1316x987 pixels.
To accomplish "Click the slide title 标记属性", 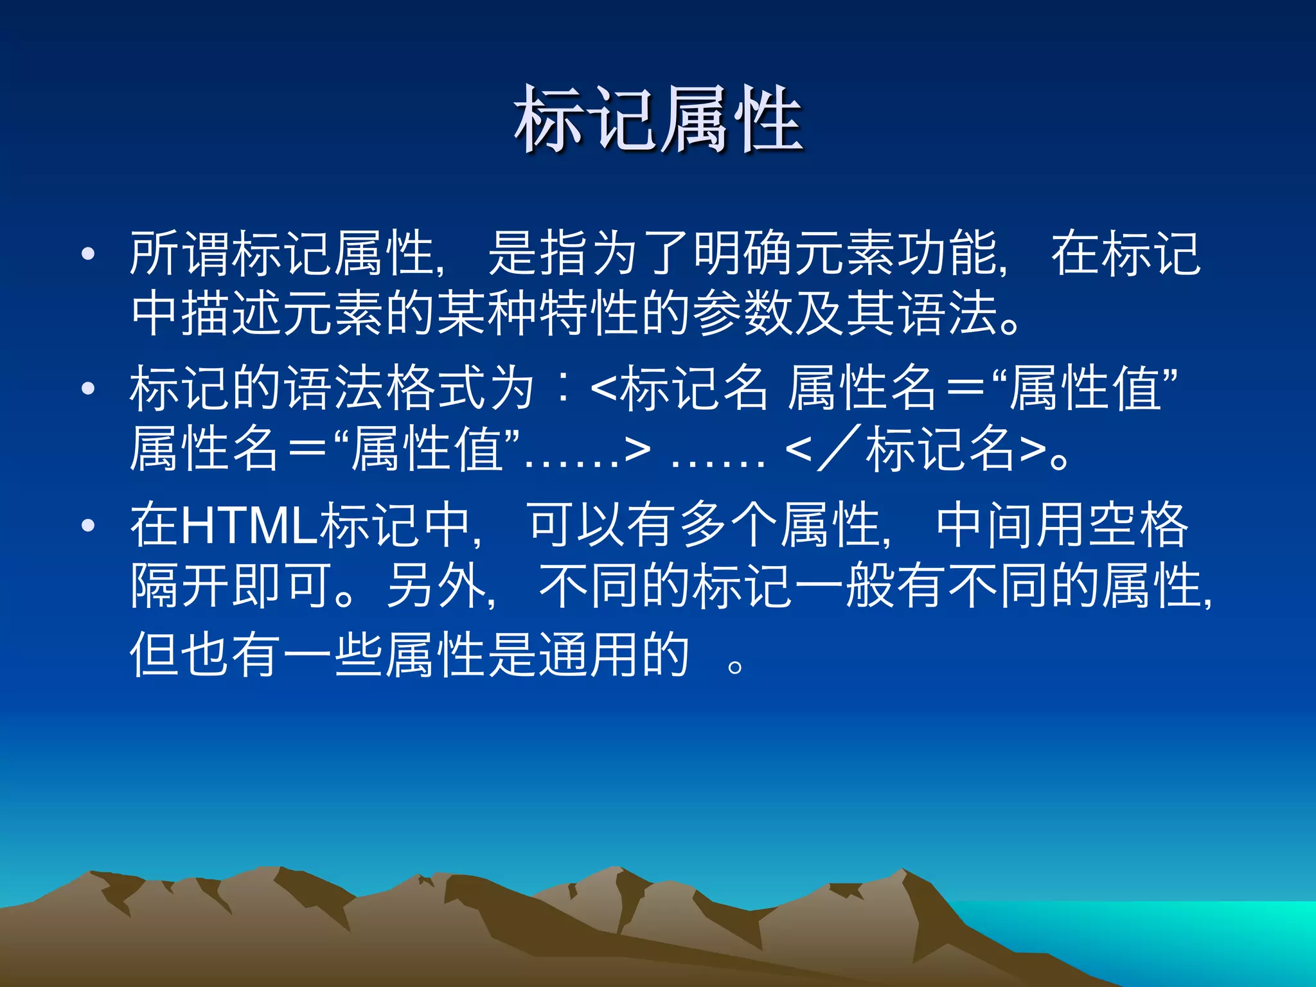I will (658, 120).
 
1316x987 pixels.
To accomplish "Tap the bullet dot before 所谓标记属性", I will (88, 254).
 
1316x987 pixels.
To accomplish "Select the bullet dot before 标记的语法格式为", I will (88, 388).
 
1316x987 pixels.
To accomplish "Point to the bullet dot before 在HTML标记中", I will (88, 526).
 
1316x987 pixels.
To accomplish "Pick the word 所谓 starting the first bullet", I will (181, 254).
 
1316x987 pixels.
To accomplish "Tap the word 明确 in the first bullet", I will (743, 254).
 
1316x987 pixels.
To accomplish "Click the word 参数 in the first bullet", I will (743, 314).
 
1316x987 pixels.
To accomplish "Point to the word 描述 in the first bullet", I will (232, 314).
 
